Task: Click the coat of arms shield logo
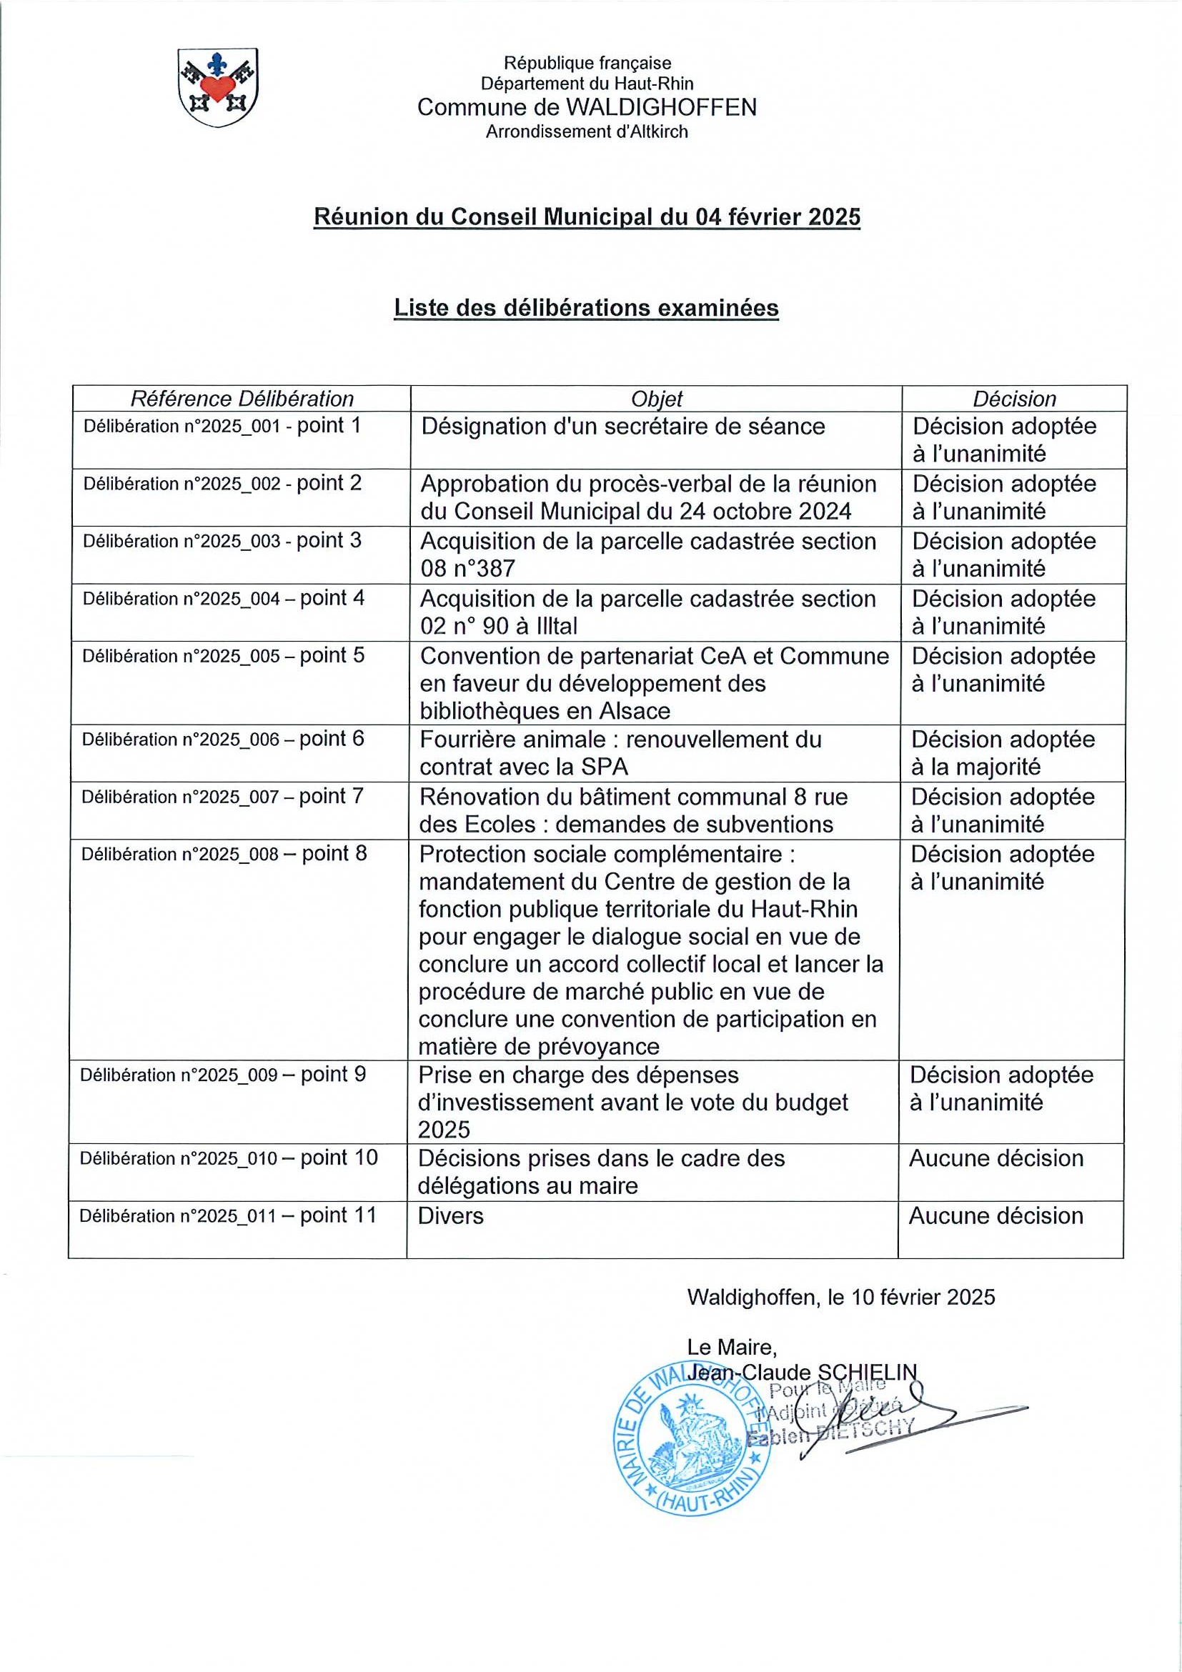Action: coord(218,87)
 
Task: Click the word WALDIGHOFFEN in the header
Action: coord(660,108)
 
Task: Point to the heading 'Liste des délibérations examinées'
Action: coord(586,308)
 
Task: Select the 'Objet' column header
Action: coord(656,399)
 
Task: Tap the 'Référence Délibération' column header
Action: coord(242,399)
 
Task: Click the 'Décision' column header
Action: coord(1014,399)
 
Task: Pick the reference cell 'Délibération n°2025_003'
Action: coord(222,541)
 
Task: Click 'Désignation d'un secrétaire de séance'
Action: coord(622,426)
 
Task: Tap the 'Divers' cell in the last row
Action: coord(451,1215)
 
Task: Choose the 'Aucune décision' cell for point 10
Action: coord(995,1158)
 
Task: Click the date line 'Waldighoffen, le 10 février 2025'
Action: coord(840,1297)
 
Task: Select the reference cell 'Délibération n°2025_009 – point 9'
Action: coord(223,1075)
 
